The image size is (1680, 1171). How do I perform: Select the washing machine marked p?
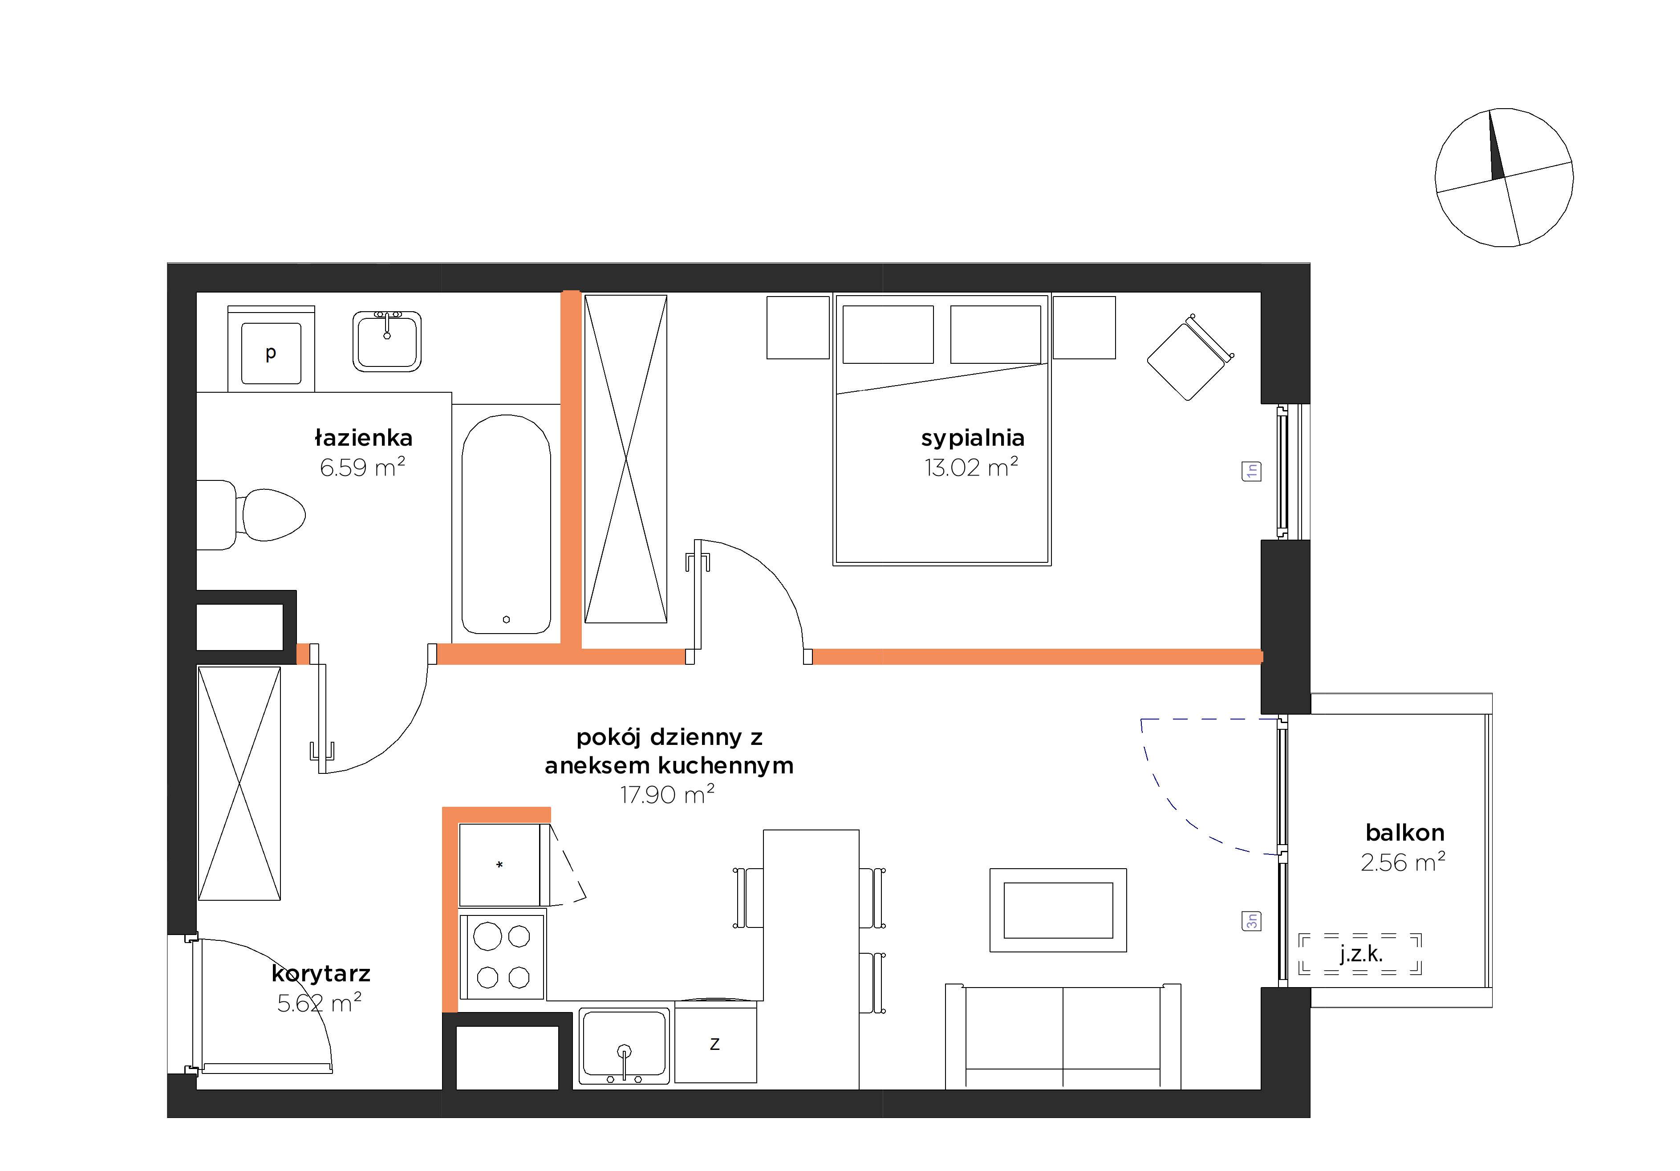coord(272,349)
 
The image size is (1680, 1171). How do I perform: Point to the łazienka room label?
coord(364,438)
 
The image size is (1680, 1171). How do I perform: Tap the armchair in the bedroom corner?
coord(1190,357)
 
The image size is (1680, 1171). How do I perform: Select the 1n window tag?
coord(1252,471)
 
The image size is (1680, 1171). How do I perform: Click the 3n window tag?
coord(1252,920)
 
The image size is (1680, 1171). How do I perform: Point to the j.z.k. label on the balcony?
coord(1361,954)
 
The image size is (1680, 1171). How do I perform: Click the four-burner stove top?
coord(502,956)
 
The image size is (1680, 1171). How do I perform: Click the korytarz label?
coord(321,973)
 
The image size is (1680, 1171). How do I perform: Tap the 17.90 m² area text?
coord(667,794)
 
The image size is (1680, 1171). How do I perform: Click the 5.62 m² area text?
coord(319,1003)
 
